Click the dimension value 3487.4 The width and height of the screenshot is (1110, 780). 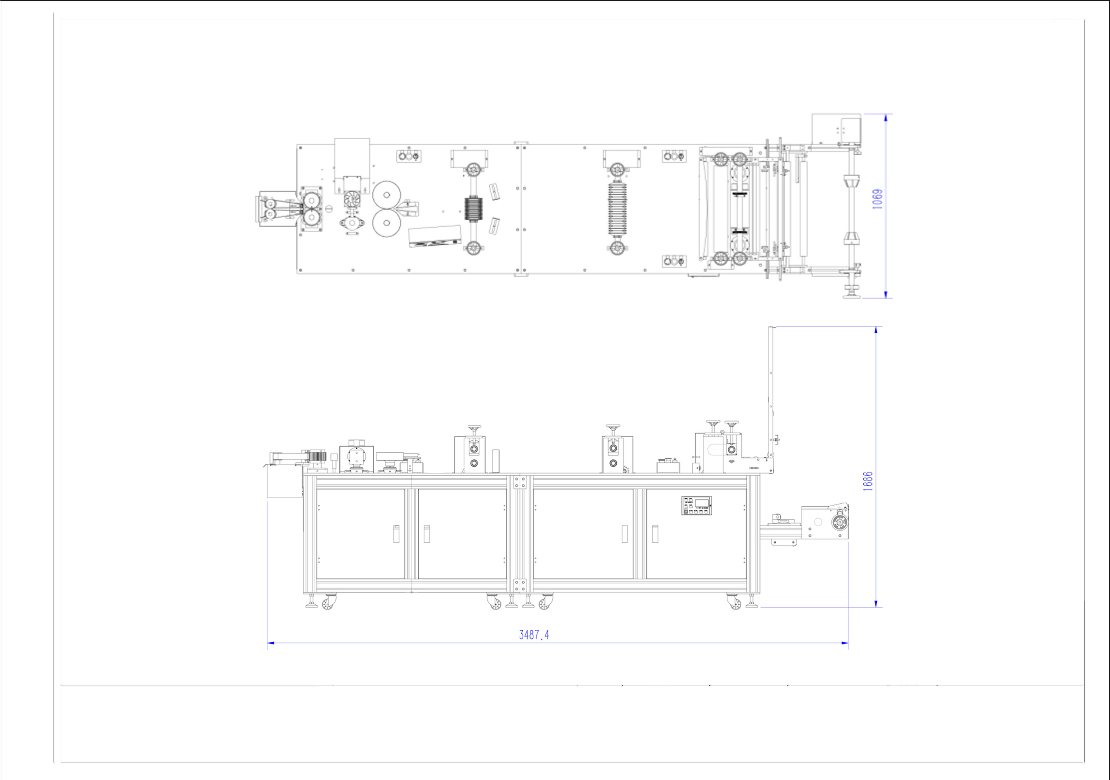(x=534, y=635)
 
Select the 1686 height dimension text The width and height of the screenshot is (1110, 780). (x=868, y=481)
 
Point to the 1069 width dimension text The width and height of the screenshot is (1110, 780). (x=877, y=199)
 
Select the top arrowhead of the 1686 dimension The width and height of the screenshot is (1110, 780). (x=876, y=330)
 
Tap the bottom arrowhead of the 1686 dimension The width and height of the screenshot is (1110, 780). (x=876, y=604)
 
